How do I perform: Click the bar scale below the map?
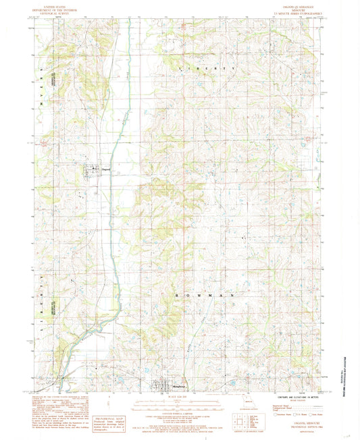tap(181, 406)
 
